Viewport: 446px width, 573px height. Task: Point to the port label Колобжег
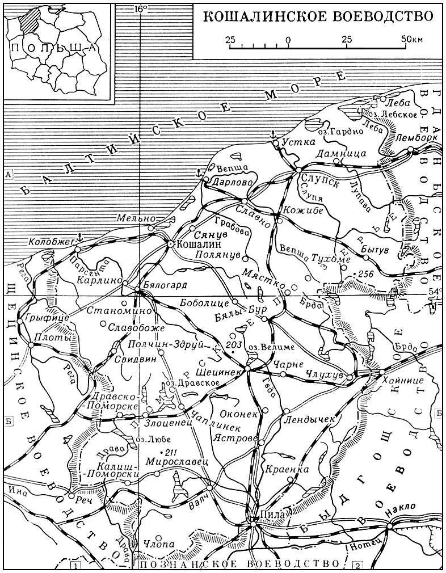(x=51, y=242)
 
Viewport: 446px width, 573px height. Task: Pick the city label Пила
(x=274, y=515)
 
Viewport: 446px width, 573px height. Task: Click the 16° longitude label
(x=141, y=9)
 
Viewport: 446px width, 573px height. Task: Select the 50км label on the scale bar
(x=411, y=40)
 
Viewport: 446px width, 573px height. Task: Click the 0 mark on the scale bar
(x=288, y=40)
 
